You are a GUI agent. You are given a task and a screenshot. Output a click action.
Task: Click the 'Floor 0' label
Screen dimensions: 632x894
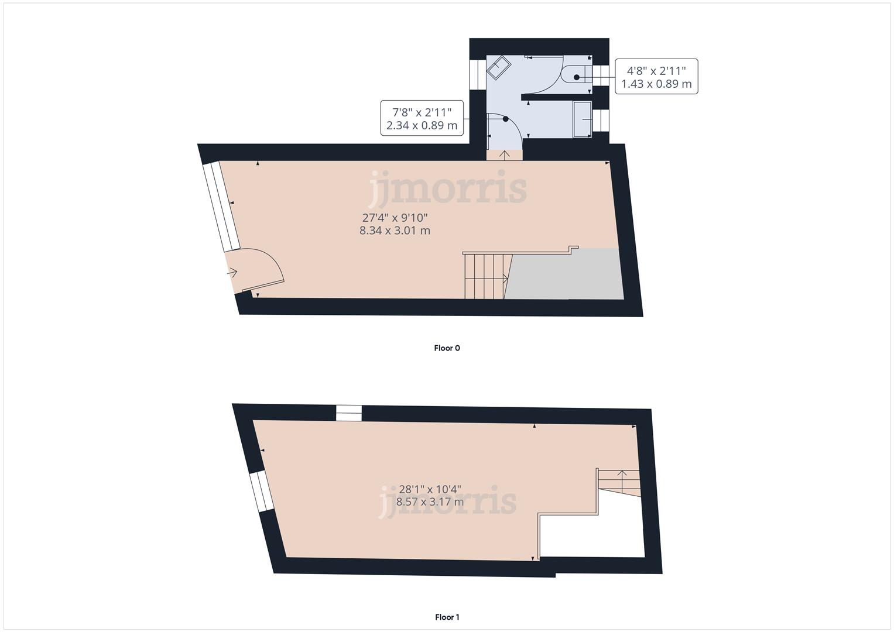click(x=447, y=348)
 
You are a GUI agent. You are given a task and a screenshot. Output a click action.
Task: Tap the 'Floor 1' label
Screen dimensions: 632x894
click(x=447, y=617)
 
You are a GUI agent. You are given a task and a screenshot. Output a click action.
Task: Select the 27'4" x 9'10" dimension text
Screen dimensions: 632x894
click(x=399, y=218)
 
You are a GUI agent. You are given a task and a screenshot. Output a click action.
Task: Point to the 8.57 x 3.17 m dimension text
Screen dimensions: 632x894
click(x=430, y=502)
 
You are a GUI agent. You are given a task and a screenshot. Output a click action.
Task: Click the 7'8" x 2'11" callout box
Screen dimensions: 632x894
click(x=422, y=118)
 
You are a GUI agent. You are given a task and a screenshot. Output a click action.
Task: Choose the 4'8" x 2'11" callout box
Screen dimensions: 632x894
click(x=656, y=77)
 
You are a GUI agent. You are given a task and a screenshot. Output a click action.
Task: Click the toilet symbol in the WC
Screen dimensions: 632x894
click(x=574, y=76)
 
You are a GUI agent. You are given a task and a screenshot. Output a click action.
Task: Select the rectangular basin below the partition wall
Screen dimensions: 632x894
click(x=582, y=119)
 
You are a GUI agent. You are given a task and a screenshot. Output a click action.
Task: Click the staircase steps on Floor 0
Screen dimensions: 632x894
click(x=485, y=276)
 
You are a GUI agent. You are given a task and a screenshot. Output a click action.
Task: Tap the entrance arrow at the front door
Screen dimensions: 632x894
click(x=232, y=272)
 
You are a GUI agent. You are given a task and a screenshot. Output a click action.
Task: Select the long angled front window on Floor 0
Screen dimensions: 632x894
click(x=221, y=207)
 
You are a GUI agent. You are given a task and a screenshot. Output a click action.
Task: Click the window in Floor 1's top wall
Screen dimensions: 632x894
click(x=349, y=413)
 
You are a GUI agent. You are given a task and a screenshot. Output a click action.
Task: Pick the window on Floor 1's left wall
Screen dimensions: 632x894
click(x=261, y=491)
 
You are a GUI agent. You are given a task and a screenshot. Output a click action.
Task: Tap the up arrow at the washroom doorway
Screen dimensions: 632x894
click(x=503, y=155)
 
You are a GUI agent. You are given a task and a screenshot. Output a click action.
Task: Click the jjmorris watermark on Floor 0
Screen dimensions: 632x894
click(x=448, y=188)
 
